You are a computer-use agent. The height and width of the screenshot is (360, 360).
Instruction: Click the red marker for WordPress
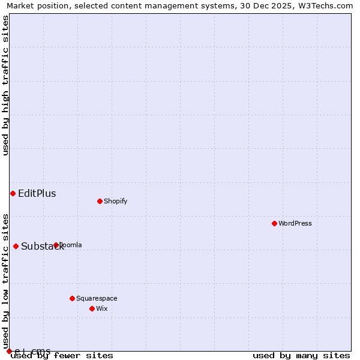[x=274, y=223]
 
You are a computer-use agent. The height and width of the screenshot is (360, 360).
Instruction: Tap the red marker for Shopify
[x=100, y=201]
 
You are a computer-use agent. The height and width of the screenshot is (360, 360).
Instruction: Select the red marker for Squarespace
[x=72, y=298]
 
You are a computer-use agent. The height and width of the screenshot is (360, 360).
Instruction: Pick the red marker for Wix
[x=92, y=308]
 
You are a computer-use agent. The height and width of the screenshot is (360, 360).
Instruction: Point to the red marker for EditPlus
[x=13, y=193]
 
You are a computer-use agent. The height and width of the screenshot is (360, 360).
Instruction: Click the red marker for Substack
[x=16, y=246]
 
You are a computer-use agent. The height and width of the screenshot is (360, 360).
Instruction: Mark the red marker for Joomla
[x=56, y=245]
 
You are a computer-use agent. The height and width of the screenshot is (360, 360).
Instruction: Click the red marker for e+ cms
[x=9, y=351]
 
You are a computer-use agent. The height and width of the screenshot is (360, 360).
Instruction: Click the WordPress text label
[x=295, y=223]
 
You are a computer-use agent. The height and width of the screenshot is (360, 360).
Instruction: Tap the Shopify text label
[x=115, y=201]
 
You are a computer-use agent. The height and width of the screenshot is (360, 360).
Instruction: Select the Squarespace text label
[x=97, y=298]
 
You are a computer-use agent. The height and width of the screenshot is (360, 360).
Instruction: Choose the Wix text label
[x=101, y=308]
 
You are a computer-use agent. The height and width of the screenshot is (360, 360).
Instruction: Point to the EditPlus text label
[x=37, y=193]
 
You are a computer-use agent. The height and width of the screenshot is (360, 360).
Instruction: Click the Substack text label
[x=42, y=247]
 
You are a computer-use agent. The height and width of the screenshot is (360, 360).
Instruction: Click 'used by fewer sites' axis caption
[x=62, y=356]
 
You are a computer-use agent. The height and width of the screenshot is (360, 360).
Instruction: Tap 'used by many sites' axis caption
[x=301, y=356]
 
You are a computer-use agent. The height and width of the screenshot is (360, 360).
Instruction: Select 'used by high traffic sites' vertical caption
[x=5, y=85]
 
